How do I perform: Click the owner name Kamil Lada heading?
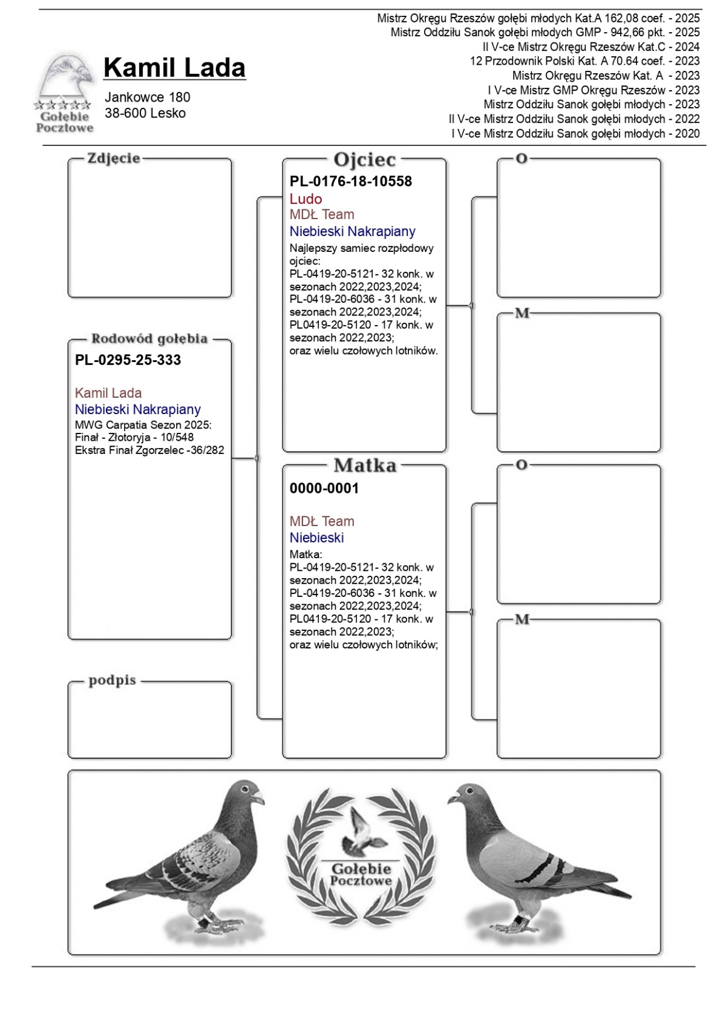pyautogui.click(x=174, y=68)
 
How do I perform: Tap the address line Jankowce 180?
pyautogui.click(x=148, y=97)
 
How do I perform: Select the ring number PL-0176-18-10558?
pyautogui.click(x=351, y=181)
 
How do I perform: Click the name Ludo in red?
pyautogui.click(x=306, y=199)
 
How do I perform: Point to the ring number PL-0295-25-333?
pyautogui.click(x=128, y=360)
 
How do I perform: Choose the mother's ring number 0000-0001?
pyautogui.click(x=324, y=488)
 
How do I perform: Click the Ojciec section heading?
pyautogui.click(x=364, y=160)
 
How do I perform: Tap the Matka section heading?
pyautogui.click(x=365, y=466)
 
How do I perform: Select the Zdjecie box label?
pyautogui.click(x=114, y=158)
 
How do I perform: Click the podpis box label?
pyautogui.click(x=113, y=680)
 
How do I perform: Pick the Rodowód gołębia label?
pyautogui.click(x=149, y=338)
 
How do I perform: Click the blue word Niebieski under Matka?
pyautogui.click(x=316, y=538)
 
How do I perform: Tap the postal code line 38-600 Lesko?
pyautogui.click(x=145, y=113)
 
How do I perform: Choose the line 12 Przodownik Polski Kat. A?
pyautogui.click(x=584, y=61)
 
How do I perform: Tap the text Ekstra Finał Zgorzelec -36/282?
pyautogui.click(x=149, y=450)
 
